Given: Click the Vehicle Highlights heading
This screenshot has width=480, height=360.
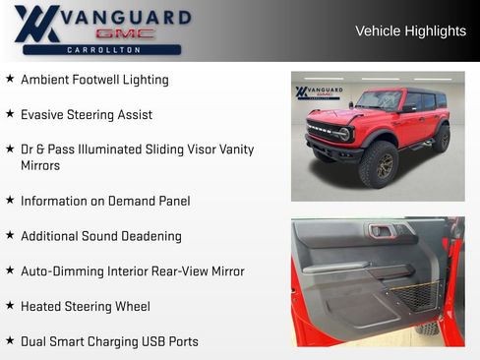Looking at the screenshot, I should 410,31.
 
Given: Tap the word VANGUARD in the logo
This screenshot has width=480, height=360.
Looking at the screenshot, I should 125,16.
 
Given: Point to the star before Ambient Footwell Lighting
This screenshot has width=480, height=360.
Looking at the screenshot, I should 10,79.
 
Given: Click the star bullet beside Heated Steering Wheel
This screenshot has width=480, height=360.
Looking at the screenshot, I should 10,306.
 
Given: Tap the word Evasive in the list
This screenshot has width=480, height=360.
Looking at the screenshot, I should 42,114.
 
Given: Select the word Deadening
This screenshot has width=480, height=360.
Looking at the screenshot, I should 150,236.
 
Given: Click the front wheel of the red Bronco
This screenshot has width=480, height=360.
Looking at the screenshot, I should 379,163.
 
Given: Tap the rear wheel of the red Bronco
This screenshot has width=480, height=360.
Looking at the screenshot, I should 442,138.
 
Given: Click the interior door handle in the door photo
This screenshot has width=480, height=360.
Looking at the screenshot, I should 382,231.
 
